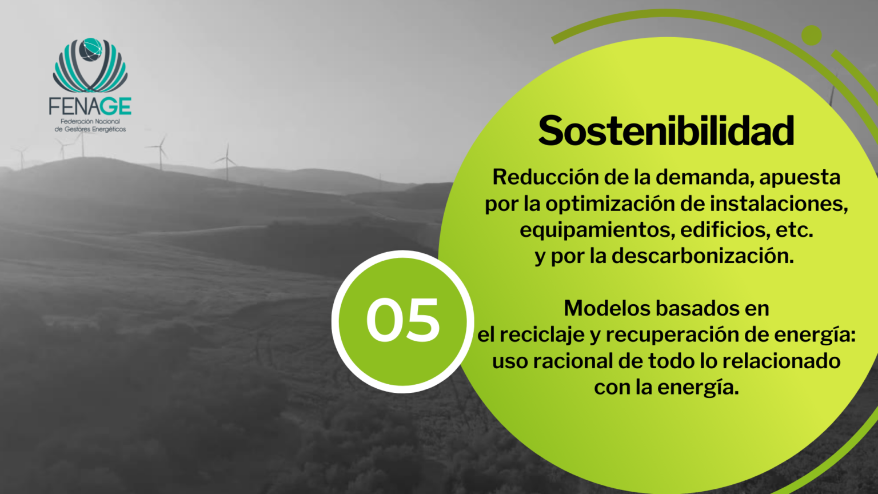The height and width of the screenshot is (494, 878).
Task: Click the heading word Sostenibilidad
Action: click(x=666, y=131)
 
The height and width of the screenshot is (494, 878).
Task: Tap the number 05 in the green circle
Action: click(x=402, y=320)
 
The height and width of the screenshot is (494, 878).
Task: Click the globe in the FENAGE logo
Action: click(x=90, y=50)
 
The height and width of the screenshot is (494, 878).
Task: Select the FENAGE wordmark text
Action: click(x=90, y=106)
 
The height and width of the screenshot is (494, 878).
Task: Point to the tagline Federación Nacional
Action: click(x=90, y=122)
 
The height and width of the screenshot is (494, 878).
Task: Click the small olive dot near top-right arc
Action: click(x=811, y=35)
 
